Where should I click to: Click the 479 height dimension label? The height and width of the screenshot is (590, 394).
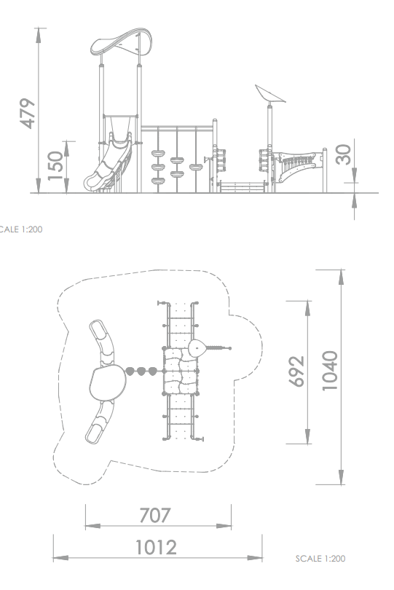coord(27,114)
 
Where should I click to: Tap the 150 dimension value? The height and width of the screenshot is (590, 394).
coord(55,165)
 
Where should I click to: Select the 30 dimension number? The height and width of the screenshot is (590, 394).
coord(343,154)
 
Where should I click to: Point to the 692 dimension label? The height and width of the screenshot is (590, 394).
coord(296,371)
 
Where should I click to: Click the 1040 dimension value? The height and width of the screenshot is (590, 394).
coord(330,371)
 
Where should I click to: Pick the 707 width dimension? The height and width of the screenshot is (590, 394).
coord(155,516)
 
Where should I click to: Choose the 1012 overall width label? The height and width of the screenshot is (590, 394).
coord(156,548)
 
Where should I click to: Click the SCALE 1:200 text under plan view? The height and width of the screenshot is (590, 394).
coord(320,559)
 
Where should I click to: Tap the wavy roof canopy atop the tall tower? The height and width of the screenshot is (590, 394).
coord(121,42)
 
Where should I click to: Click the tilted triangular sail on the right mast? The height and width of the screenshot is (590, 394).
coord(269,94)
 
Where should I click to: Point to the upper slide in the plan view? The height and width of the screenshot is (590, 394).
coord(103,342)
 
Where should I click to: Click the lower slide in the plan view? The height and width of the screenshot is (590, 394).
coord(99,422)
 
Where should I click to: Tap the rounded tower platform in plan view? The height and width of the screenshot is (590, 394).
coord(108,382)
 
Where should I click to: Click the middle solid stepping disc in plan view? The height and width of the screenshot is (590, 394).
coord(141,371)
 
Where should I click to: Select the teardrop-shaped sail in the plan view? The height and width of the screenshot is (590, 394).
coord(197,348)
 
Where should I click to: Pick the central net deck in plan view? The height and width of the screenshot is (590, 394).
coord(181,371)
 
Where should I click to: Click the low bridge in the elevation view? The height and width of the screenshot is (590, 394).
coord(243,186)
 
